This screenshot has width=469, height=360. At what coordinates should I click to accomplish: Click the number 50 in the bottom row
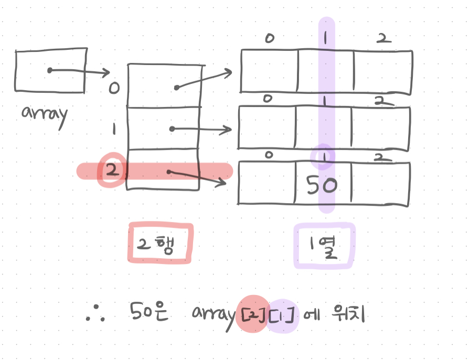click(x=322, y=185)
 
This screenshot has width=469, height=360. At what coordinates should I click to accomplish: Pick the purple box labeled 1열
click(x=324, y=246)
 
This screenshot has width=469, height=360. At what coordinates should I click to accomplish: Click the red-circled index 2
click(x=112, y=170)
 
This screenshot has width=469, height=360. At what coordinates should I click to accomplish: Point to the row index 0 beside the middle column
click(x=113, y=87)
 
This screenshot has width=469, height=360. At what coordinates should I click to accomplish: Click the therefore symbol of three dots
click(x=97, y=315)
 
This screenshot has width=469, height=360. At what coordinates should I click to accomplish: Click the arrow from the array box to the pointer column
click(x=79, y=71)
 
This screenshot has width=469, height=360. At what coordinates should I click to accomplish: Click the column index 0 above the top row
click(x=269, y=38)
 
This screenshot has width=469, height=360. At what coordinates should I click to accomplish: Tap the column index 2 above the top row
click(x=382, y=38)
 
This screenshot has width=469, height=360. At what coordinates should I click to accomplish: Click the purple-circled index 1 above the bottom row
click(x=323, y=156)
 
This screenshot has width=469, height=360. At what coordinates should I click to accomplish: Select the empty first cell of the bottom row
click(x=267, y=184)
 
